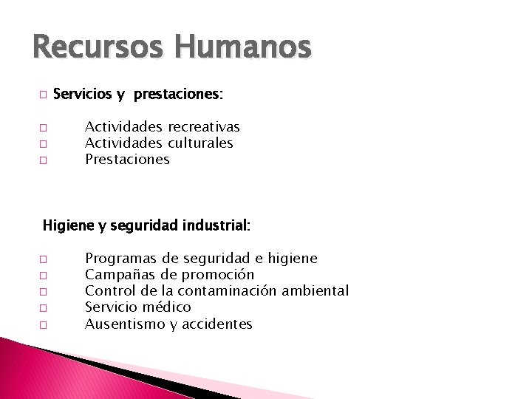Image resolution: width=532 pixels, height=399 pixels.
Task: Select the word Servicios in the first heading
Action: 82,95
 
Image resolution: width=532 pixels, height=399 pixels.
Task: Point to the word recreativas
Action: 203,127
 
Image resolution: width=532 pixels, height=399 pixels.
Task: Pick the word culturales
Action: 200,143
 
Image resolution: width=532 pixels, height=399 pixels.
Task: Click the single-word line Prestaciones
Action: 127,159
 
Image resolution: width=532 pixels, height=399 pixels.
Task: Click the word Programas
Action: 120,259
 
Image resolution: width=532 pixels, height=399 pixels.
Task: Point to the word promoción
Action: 218,275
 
